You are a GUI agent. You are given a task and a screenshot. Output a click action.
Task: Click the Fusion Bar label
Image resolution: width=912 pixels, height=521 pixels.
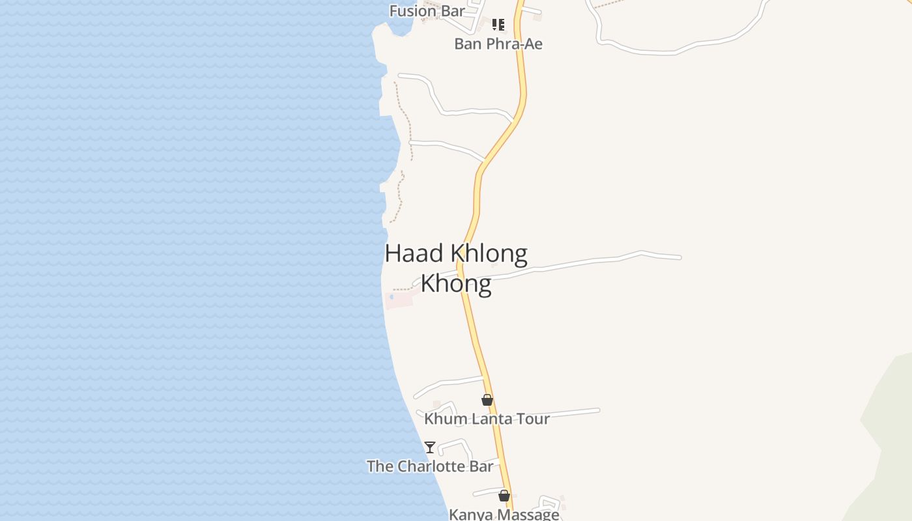427,11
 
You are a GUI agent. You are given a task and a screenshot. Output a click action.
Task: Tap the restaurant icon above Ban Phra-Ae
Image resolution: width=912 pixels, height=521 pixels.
498,25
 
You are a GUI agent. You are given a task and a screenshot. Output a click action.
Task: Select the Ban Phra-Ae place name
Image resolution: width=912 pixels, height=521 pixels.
498,44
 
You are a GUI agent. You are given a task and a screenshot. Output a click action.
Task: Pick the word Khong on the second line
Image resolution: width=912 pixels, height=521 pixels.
455,284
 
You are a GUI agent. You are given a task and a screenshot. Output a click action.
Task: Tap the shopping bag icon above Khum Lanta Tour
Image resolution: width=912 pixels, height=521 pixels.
487,400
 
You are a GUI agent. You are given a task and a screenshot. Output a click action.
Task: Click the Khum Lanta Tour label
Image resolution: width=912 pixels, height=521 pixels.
487,419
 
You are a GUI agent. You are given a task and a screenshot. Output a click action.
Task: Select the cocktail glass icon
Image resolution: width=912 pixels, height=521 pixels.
430,447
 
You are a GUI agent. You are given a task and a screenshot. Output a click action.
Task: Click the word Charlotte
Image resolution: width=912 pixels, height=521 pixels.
431,466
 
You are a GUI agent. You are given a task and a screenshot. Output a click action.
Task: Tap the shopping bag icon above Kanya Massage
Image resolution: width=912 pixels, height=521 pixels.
504,496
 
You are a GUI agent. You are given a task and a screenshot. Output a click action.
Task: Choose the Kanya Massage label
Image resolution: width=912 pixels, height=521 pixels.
504,514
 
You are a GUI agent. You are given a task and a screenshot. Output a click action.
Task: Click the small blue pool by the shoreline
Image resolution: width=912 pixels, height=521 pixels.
392,297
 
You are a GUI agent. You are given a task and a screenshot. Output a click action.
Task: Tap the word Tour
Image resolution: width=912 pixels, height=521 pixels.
534,419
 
